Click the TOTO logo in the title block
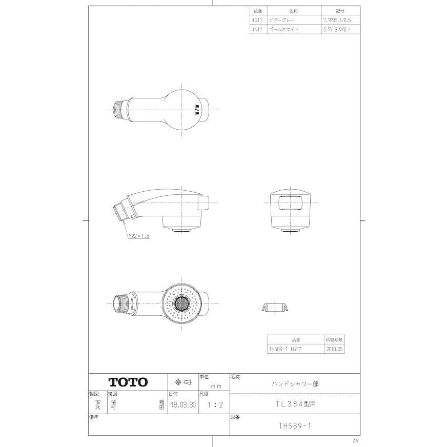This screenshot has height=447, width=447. (x=128, y=382)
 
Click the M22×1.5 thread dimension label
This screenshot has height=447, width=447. (x=138, y=236)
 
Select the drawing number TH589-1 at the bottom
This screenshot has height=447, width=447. (x=294, y=425)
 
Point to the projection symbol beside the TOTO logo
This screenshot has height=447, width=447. (x=183, y=382)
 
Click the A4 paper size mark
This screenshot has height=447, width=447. (x=356, y=440)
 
